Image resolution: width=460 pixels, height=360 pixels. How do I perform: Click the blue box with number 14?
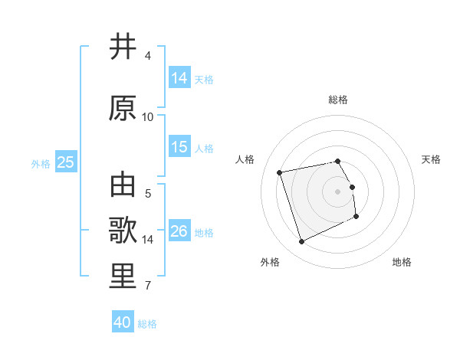click(x=179, y=78)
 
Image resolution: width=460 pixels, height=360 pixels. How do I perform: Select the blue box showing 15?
click(x=179, y=147)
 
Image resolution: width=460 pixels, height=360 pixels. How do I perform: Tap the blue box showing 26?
click(x=179, y=231)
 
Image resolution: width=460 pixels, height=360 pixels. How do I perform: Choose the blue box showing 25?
click(x=65, y=162)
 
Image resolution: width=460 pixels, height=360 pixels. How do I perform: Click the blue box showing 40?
click(x=123, y=322)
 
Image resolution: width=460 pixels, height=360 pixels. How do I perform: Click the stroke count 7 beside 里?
click(x=147, y=286)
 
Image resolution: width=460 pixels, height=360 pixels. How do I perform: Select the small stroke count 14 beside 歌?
click(x=148, y=240)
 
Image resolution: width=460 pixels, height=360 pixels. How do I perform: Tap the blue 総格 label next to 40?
click(x=147, y=324)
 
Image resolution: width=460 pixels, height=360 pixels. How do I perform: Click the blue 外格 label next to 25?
click(x=41, y=163)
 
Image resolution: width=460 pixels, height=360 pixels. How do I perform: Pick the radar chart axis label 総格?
click(x=337, y=100)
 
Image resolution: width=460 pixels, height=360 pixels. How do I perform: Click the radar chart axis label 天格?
click(x=431, y=159)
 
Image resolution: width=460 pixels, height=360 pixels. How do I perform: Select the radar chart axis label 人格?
click(x=245, y=159)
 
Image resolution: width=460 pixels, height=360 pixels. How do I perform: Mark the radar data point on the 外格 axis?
click(x=301, y=242)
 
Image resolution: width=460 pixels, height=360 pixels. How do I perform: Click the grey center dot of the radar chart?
click(x=337, y=191)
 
